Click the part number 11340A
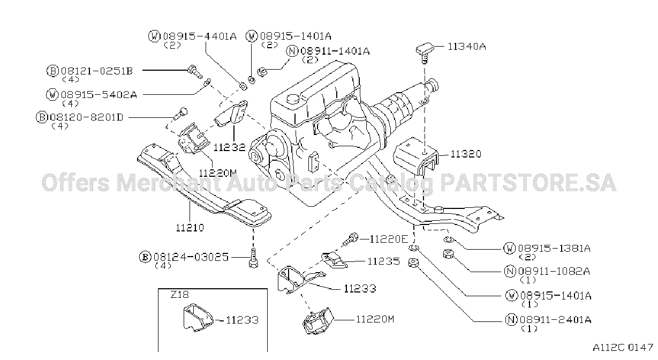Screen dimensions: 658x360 [x=466, y=47]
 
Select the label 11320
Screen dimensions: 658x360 [x=466, y=154]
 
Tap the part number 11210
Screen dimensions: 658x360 [x=190, y=228]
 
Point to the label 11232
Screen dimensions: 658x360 [x=229, y=147]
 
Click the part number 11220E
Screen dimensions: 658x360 [x=389, y=239]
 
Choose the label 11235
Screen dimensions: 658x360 [x=384, y=261]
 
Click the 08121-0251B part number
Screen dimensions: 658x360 [x=97, y=71]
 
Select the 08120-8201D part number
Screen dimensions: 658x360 [x=86, y=117]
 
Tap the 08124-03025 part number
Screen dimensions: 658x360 [x=191, y=257]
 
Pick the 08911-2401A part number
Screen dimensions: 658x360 [x=556, y=319]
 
